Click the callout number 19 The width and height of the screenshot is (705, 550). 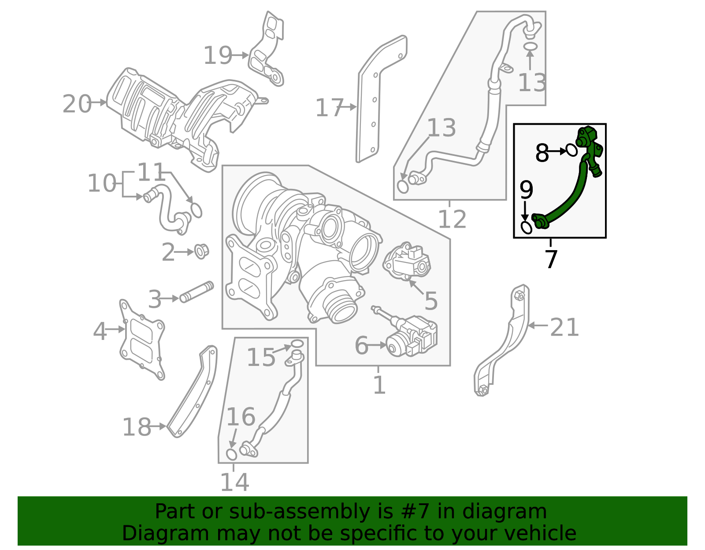(217, 56)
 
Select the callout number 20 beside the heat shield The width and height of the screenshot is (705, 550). (77, 104)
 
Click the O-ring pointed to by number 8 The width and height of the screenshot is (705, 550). (571, 150)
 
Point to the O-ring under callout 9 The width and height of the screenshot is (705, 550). (527, 228)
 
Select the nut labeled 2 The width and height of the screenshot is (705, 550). (201, 251)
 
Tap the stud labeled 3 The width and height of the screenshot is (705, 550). (197, 292)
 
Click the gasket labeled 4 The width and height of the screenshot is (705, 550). (142, 339)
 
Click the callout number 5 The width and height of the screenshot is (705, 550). (430, 301)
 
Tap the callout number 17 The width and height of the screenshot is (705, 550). (329, 108)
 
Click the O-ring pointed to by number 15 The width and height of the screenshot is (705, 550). (297, 343)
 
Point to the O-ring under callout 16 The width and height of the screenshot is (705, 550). (231, 454)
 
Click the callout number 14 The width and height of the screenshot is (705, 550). (234, 482)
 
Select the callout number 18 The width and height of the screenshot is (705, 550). (136, 427)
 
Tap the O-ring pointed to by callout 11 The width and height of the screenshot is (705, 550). (197, 210)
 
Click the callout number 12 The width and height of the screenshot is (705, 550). (452, 219)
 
